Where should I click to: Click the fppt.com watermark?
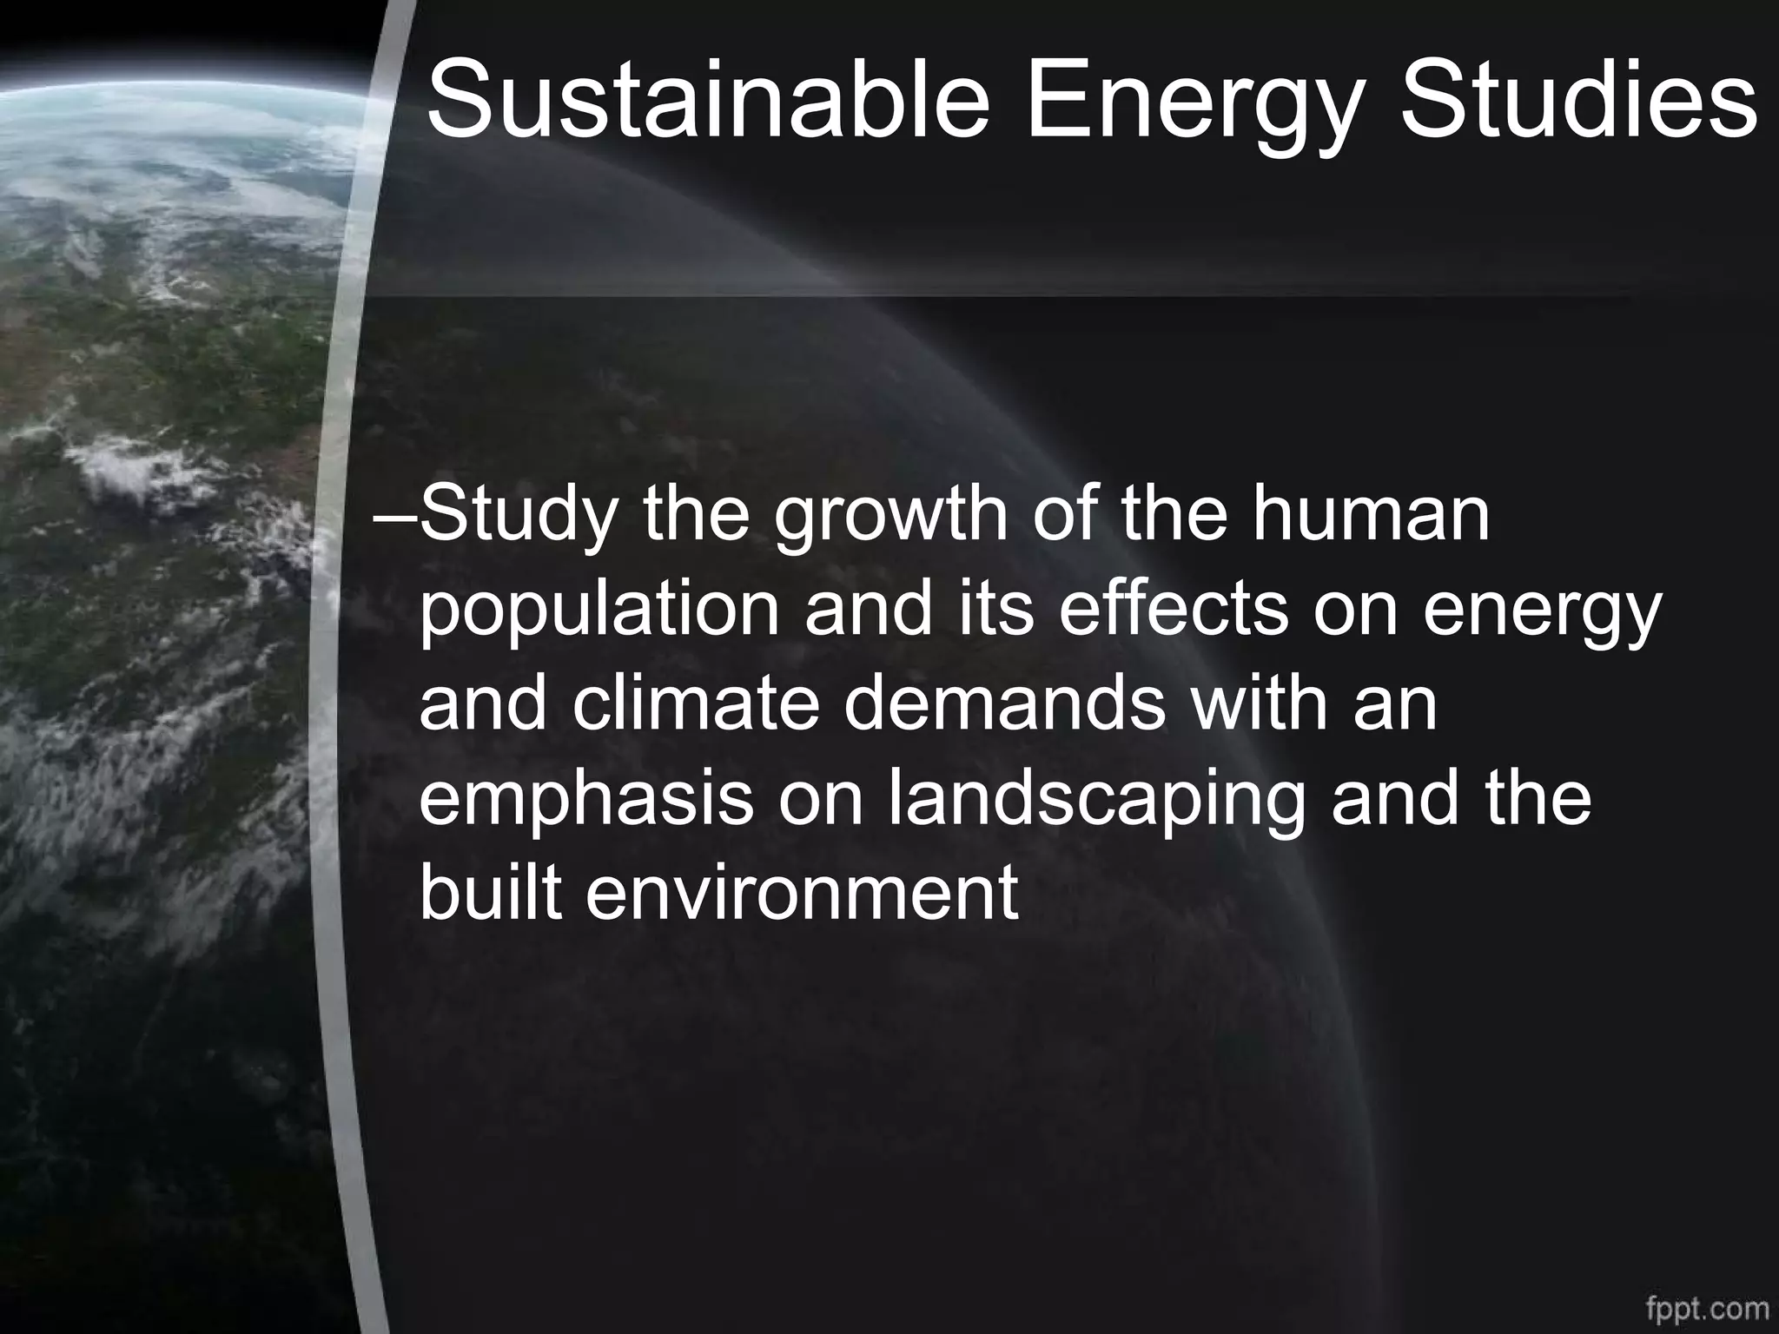click(1707, 1308)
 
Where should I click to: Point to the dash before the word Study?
click(395, 518)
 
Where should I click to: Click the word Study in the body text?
click(519, 518)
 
